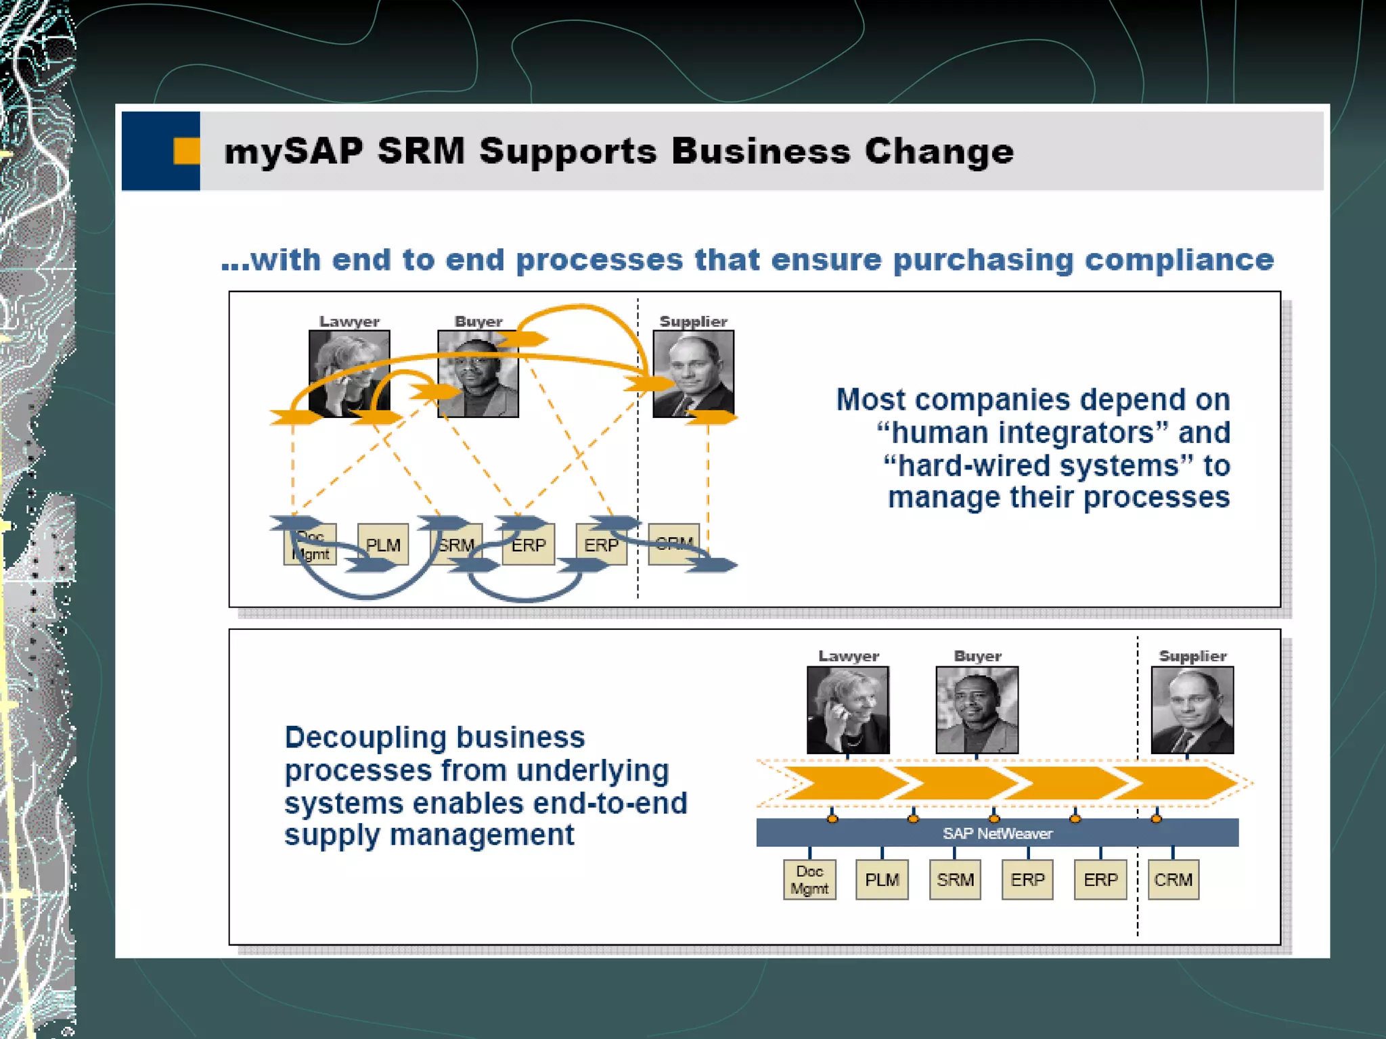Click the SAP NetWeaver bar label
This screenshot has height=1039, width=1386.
click(x=997, y=833)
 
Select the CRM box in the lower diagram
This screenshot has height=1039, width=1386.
click(x=1173, y=879)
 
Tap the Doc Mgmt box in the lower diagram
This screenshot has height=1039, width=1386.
click(x=809, y=879)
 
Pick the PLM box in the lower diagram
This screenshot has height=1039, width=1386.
click(x=882, y=879)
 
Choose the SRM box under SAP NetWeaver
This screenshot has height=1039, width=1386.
click(x=955, y=879)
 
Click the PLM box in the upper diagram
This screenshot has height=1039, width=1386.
click(x=383, y=545)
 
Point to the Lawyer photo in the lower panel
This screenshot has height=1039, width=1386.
click(x=848, y=710)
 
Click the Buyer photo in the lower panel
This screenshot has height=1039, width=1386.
click(x=977, y=710)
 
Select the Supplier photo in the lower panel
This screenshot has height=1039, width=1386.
click(x=1192, y=710)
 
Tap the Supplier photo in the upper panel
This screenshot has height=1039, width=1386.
click(x=693, y=373)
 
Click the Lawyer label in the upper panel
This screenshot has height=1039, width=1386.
click(x=349, y=321)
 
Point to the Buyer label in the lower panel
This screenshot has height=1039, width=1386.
click(x=977, y=655)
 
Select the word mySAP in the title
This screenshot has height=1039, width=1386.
click(x=293, y=151)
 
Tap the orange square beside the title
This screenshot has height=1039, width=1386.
click(x=186, y=151)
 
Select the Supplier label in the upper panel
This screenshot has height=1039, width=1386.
click(x=693, y=321)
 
